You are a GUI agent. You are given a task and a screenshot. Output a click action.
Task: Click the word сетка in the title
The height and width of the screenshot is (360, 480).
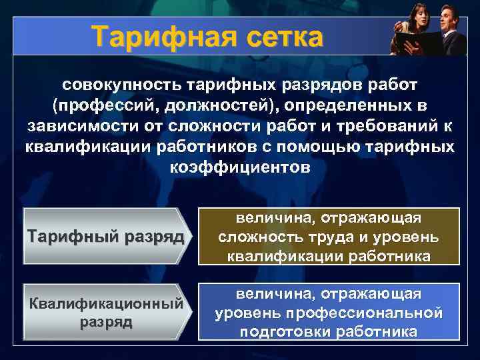click(275, 37)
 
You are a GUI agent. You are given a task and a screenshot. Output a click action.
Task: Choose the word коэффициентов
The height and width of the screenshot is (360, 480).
click(240, 166)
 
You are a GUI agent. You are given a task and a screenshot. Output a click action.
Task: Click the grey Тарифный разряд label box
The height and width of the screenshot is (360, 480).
click(104, 237)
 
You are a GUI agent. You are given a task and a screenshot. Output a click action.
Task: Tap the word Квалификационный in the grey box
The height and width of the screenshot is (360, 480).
click(104, 303)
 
